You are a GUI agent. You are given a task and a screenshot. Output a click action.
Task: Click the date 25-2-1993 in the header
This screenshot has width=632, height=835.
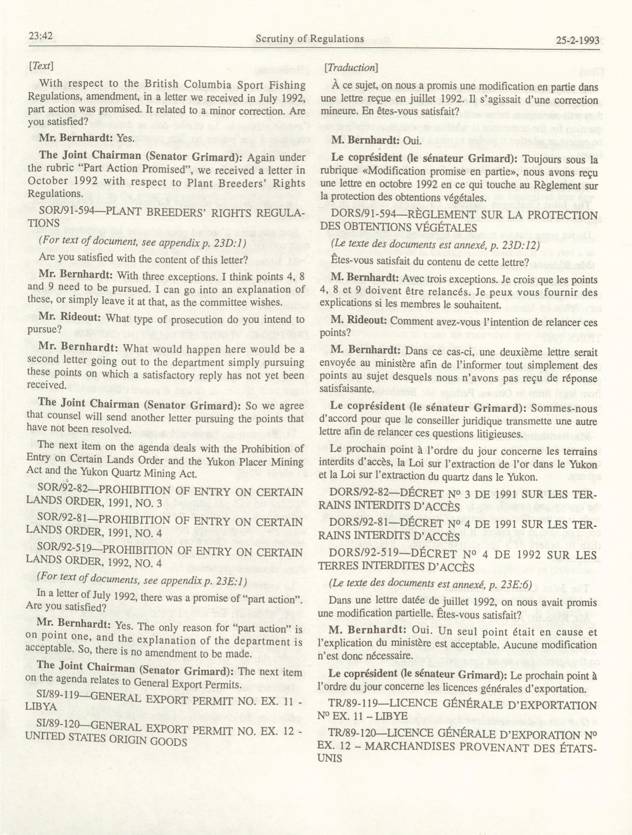tap(578, 40)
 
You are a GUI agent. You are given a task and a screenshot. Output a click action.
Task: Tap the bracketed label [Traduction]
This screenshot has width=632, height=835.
tap(351, 68)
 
